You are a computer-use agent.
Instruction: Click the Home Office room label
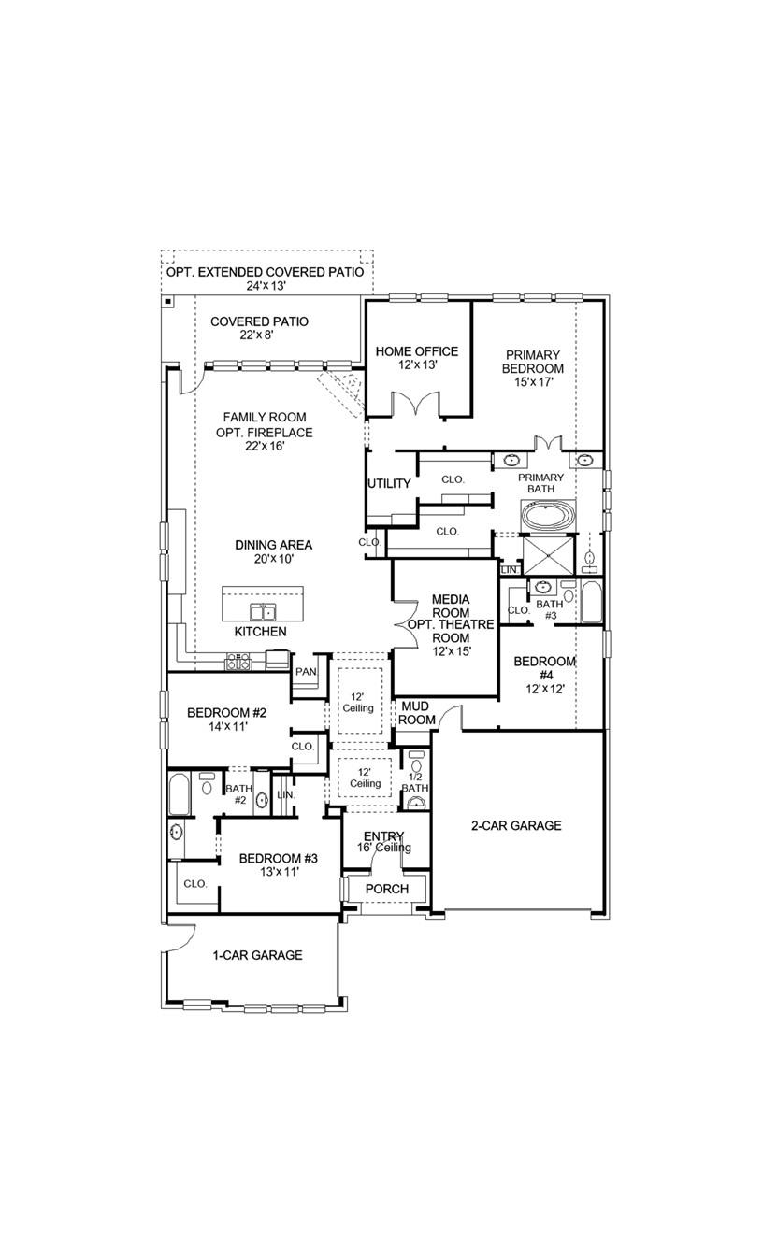click(417, 351)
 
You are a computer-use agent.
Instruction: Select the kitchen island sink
click(263, 612)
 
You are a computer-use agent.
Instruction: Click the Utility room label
click(389, 483)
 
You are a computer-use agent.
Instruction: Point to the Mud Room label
click(418, 713)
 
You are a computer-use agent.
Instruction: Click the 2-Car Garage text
click(516, 825)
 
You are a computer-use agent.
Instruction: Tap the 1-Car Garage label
click(257, 955)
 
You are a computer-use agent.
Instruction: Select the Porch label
click(387, 888)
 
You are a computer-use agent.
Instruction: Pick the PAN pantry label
click(306, 672)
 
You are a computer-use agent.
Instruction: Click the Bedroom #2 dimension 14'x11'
click(216, 726)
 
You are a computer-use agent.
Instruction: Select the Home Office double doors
click(416, 406)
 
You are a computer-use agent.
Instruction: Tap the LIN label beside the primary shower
click(509, 569)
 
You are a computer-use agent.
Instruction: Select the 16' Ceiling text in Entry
click(384, 848)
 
